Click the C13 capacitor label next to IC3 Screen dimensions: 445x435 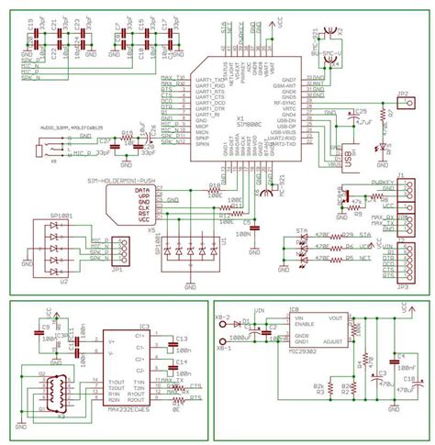181,338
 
